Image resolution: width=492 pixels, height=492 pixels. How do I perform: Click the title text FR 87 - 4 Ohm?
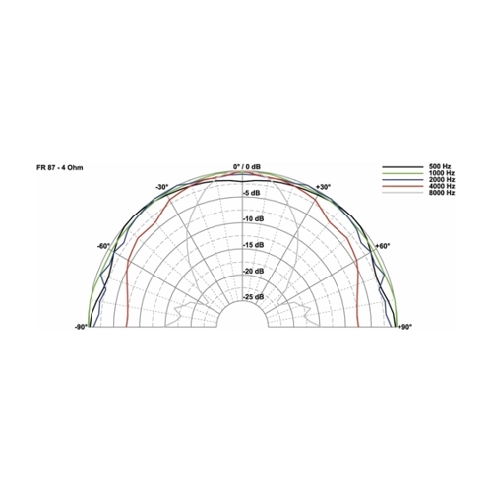60,168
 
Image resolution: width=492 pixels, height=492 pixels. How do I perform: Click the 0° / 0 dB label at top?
247,167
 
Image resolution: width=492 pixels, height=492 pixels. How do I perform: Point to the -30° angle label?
161,187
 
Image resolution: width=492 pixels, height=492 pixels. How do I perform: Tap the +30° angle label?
323,187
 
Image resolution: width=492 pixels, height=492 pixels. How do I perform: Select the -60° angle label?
103,246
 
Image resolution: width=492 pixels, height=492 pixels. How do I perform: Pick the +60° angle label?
383,246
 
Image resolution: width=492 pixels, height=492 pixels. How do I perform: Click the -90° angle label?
81,327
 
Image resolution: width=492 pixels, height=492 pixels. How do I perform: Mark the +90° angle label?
404,327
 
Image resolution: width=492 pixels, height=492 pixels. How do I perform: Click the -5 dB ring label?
252,193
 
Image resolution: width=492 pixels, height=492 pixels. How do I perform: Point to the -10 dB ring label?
253,219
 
